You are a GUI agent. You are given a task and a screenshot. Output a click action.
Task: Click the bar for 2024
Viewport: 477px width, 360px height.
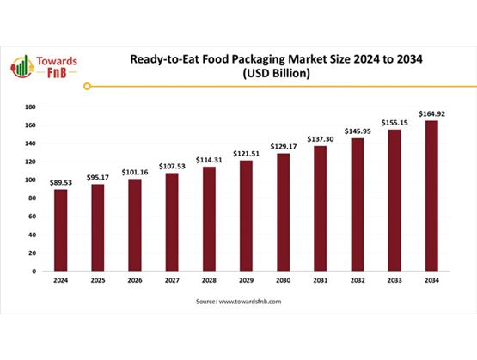61,229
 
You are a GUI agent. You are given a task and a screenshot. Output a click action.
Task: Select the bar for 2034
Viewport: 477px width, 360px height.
431,195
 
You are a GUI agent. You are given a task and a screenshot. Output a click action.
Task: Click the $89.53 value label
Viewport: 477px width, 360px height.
61,181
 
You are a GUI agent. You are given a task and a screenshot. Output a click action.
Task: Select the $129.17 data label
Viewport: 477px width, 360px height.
283,147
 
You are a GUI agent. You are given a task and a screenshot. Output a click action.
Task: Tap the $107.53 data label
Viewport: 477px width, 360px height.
172,166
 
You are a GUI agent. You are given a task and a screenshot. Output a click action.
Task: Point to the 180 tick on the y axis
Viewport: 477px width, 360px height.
29,107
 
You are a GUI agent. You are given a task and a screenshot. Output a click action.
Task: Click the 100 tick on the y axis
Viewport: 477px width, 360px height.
29,180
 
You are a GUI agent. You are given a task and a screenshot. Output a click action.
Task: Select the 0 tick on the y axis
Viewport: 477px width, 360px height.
34,272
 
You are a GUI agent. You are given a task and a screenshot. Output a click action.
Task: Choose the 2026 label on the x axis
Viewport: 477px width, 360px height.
135,280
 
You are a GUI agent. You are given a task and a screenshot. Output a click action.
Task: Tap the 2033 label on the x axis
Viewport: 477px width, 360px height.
394,280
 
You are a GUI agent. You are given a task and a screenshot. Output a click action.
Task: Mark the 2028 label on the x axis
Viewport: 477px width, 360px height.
209,280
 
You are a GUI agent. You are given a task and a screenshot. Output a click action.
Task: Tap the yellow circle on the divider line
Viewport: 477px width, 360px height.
89,86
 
